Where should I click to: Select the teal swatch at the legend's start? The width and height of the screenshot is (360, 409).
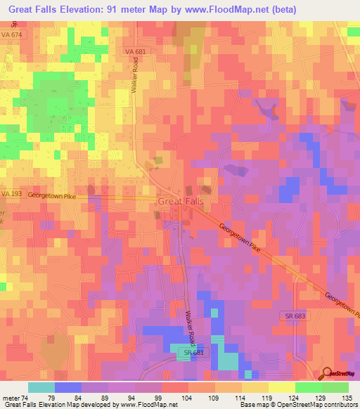tap(41, 387)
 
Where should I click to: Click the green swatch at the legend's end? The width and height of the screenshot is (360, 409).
tap(335, 387)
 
